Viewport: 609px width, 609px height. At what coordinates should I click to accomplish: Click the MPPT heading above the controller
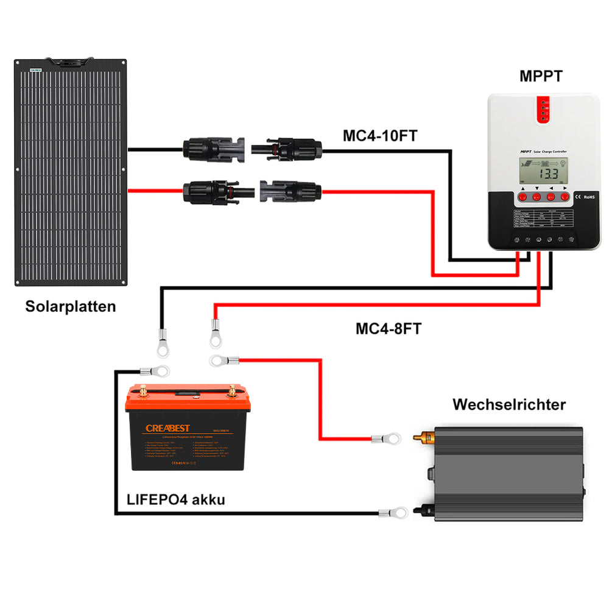(541, 77)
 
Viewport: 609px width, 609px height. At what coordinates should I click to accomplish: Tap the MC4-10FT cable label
(379, 135)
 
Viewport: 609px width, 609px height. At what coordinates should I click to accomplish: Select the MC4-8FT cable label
(388, 329)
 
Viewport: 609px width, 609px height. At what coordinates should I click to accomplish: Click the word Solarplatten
(70, 306)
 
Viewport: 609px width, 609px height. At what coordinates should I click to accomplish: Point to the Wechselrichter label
(509, 404)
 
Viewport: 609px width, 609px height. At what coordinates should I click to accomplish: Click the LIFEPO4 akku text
(176, 500)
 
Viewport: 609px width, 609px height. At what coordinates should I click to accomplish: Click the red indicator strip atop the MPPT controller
(541, 110)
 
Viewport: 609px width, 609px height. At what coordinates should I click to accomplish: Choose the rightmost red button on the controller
(565, 197)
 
